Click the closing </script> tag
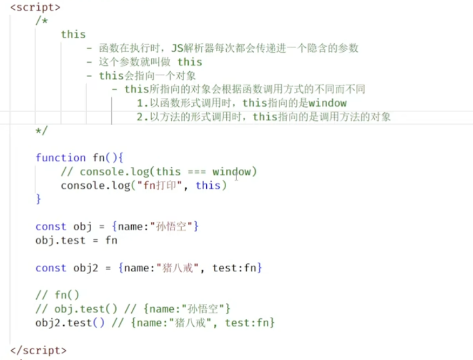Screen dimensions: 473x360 (x=38, y=350)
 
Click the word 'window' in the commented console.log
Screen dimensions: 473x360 (x=232, y=172)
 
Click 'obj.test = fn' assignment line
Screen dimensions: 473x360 (x=76, y=240)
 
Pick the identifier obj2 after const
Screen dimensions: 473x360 (x=86, y=268)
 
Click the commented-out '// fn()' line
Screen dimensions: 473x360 (x=57, y=295)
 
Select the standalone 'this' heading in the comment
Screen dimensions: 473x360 (x=73, y=35)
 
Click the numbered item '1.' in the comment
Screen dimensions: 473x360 (x=143, y=103)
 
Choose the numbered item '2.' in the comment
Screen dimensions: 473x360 (x=143, y=117)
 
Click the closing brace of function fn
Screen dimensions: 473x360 (x=38, y=199)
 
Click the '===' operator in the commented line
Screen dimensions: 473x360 (x=197, y=172)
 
